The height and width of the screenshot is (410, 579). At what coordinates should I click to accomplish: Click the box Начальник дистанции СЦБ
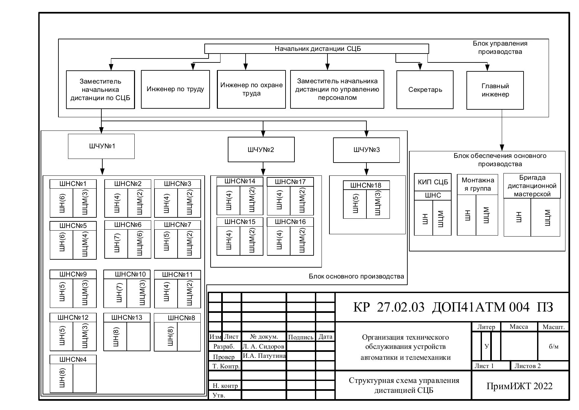click(317, 49)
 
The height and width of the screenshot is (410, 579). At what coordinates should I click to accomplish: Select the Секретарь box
click(425, 90)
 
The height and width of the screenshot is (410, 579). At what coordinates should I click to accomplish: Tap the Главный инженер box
click(495, 90)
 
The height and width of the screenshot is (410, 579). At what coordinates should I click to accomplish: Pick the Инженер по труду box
click(175, 89)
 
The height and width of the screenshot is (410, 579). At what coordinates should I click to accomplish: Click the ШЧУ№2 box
click(261, 150)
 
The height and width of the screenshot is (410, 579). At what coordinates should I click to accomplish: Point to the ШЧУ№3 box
click(366, 150)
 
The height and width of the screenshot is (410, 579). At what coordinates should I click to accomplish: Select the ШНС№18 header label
click(366, 185)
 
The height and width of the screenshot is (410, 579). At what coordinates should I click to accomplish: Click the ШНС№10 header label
click(130, 275)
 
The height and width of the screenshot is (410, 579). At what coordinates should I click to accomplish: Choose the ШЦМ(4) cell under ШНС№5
click(85, 244)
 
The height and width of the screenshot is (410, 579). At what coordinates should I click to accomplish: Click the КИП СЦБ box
click(433, 182)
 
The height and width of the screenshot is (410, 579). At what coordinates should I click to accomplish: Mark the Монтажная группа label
click(477, 184)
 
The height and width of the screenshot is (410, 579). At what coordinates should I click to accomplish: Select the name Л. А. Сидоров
click(263, 346)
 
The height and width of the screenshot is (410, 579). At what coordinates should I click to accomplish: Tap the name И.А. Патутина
click(264, 356)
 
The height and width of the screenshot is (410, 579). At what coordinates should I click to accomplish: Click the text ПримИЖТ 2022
click(519, 386)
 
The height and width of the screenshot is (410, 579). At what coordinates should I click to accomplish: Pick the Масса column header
click(519, 327)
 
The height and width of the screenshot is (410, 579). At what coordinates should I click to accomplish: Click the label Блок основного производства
click(356, 277)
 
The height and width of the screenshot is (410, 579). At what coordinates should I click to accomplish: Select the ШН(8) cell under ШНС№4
click(61, 378)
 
